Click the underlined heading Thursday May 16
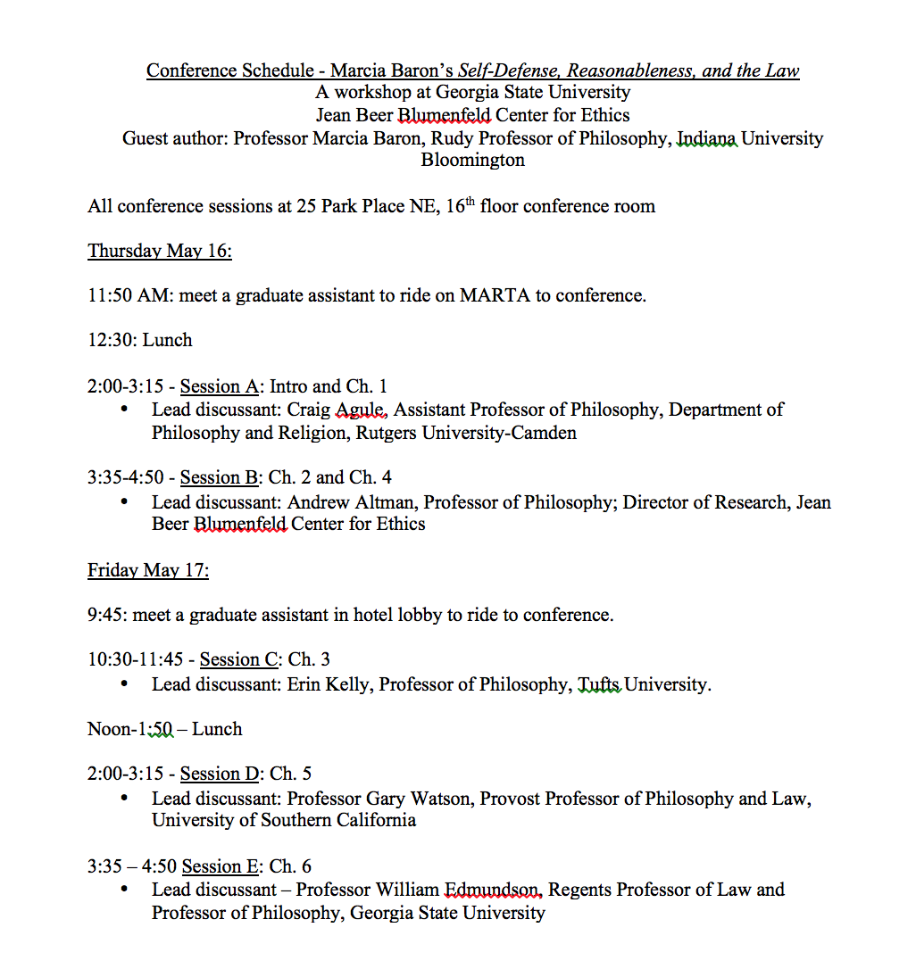[x=160, y=251]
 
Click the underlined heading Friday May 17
[x=148, y=570]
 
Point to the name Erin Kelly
[x=328, y=684]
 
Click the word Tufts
[x=598, y=684]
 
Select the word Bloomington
[x=472, y=161]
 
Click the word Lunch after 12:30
[x=167, y=340]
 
